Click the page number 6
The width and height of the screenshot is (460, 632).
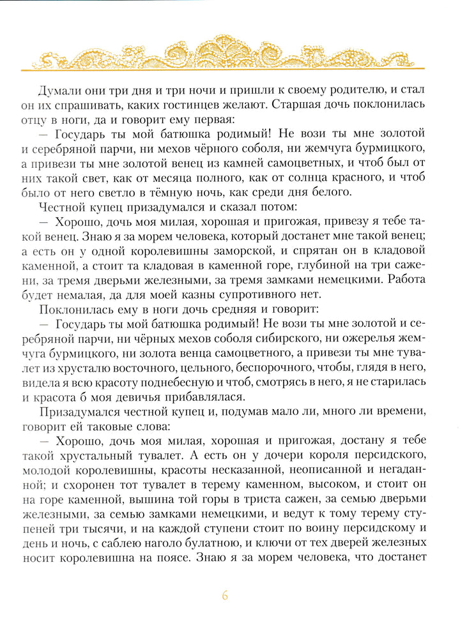click(224, 596)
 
